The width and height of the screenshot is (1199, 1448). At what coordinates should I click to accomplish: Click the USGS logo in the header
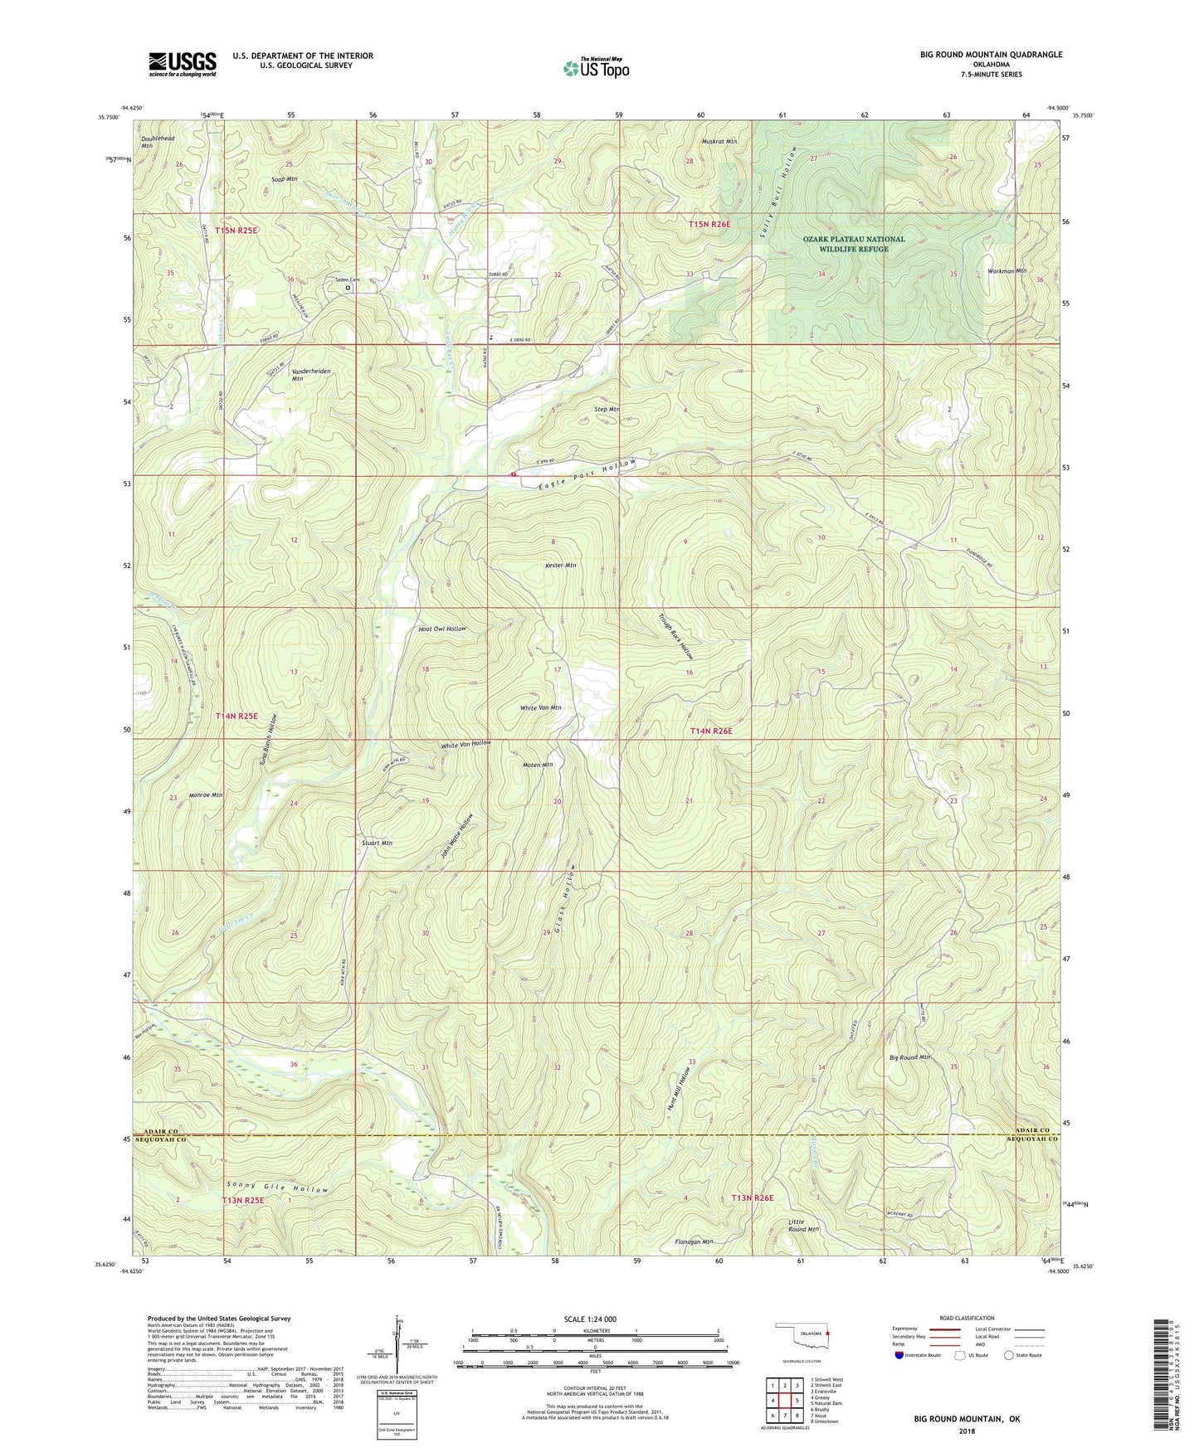(x=183, y=64)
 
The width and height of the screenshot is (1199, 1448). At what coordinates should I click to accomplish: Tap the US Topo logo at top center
(x=595, y=68)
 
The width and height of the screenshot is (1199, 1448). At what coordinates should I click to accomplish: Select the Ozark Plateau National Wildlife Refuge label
(x=854, y=244)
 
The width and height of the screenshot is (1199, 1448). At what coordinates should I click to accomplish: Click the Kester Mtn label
(x=560, y=566)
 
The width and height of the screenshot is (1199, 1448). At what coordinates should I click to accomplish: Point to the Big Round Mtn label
(x=909, y=1057)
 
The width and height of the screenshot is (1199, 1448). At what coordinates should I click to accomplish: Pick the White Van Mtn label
(x=540, y=707)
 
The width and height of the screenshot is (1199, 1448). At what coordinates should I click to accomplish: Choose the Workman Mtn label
(x=1008, y=271)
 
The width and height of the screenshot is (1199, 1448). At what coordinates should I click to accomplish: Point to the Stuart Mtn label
(x=377, y=843)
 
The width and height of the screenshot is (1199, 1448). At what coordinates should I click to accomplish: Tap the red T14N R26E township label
(x=711, y=731)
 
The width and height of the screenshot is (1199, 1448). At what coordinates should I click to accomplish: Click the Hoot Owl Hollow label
(x=442, y=629)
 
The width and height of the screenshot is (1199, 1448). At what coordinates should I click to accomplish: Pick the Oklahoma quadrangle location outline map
(x=801, y=1337)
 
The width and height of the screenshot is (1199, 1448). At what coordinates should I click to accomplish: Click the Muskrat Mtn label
(x=719, y=142)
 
